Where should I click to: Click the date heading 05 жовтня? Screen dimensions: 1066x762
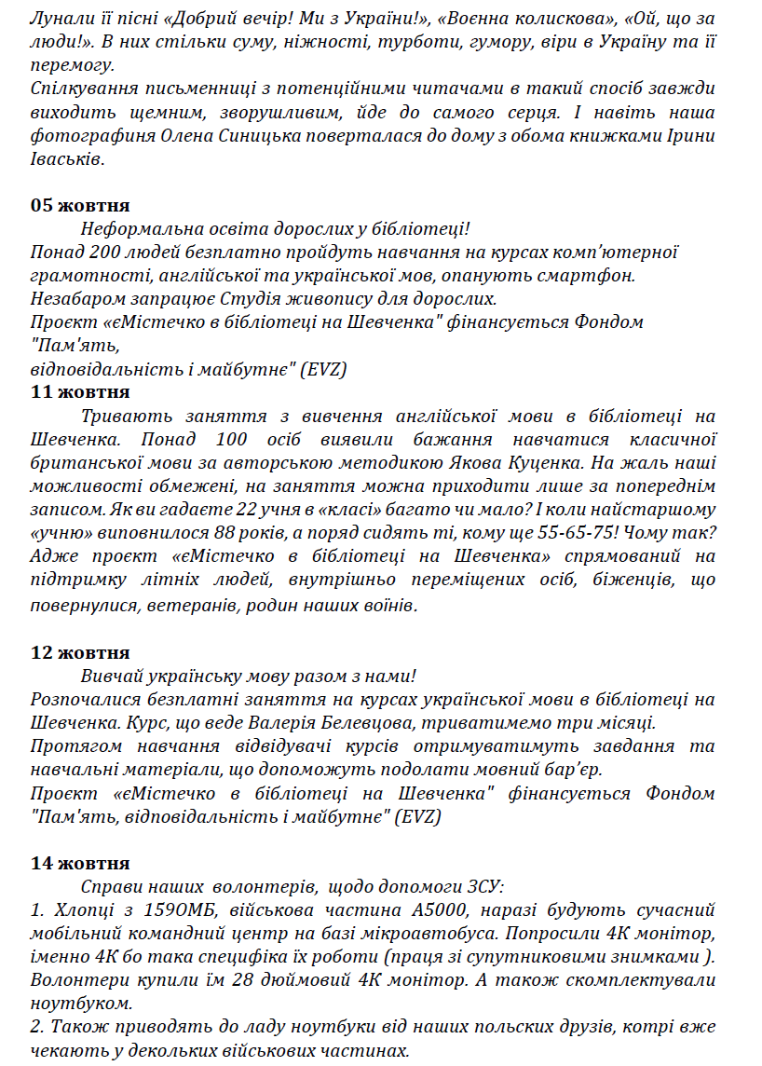click(80, 205)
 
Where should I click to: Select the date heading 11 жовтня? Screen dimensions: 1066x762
click(80, 392)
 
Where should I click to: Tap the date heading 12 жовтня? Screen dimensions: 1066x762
click(80, 652)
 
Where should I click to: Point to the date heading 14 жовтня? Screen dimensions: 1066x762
click(80, 863)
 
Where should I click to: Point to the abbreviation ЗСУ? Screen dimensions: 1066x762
click(483, 886)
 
